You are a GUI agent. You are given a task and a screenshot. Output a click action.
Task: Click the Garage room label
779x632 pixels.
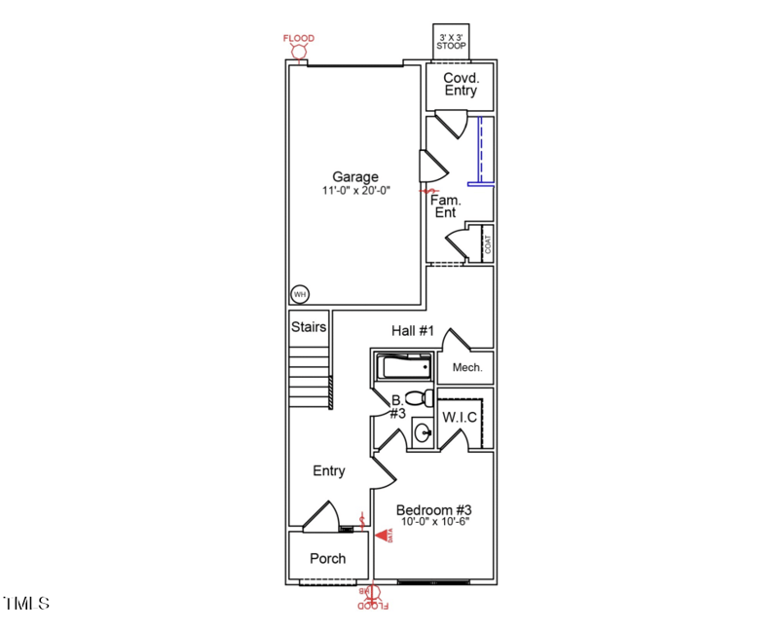coord(355,177)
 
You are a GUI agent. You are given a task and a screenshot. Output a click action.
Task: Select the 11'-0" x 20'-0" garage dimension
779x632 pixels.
coord(356,192)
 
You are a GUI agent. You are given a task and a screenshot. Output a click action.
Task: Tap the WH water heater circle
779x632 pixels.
coord(300,294)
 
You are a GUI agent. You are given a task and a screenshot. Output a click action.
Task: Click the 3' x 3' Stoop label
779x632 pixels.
coord(451,41)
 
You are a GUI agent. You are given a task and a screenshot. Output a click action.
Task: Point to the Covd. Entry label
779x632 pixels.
coord(461,85)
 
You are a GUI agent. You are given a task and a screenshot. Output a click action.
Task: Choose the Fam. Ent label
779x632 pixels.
coord(446,205)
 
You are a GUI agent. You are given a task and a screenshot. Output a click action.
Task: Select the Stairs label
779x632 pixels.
coord(309,327)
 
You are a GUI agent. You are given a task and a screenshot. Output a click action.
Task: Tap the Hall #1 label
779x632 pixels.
coord(412,331)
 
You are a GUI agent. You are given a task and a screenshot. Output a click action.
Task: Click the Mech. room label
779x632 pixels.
coord(467,368)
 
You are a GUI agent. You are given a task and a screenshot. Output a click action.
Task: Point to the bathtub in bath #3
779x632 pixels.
coord(404,368)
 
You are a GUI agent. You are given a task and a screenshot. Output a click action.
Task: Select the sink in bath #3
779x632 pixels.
coord(423,431)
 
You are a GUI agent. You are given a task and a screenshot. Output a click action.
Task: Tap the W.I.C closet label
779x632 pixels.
coord(460,418)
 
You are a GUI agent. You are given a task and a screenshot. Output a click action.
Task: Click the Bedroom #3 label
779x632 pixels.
coord(433,510)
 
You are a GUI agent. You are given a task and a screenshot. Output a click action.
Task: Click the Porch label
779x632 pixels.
coord(328,559)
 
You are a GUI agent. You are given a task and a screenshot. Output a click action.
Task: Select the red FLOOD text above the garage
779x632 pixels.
coord(299,38)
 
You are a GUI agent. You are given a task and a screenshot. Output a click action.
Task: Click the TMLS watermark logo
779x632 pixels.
coord(27,604)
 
